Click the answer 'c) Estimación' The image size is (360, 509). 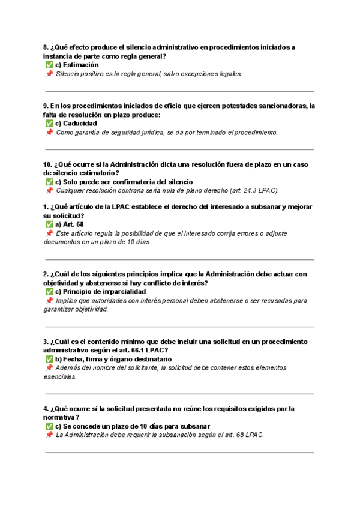pos(77,65)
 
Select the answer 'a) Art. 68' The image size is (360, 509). pos(69,224)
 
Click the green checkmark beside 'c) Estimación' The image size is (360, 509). pos(49,65)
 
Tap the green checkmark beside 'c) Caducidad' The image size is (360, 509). pos(49,124)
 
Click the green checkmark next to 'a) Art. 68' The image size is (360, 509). pos(49,224)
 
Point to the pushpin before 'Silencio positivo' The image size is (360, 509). pos(49,74)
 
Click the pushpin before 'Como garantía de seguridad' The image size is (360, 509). pos(49,133)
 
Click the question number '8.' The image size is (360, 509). pos(46,47)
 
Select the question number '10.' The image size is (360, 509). pos(48,164)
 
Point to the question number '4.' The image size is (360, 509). pos(46,409)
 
